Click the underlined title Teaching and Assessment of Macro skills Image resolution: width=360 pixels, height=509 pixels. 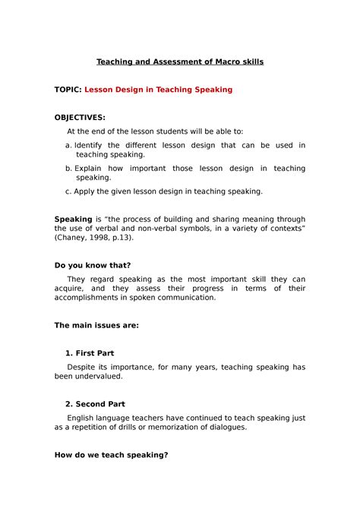coord(180,62)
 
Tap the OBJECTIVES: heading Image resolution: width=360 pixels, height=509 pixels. coord(80,118)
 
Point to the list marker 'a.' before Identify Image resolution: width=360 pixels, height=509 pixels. coord(68,145)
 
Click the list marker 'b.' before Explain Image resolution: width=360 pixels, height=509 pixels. coord(68,168)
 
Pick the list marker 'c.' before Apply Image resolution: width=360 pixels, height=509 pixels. coord(68,191)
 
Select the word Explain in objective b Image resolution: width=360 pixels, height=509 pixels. coord(90,168)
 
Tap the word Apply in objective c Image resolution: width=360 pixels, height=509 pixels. coord(85,191)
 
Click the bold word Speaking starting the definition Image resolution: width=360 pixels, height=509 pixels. coord(73,219)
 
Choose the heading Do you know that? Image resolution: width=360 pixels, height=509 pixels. coord(93,265)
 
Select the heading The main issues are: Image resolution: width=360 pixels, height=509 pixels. coord(96,325)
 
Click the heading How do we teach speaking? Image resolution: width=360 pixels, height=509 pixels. coord(111,454)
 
